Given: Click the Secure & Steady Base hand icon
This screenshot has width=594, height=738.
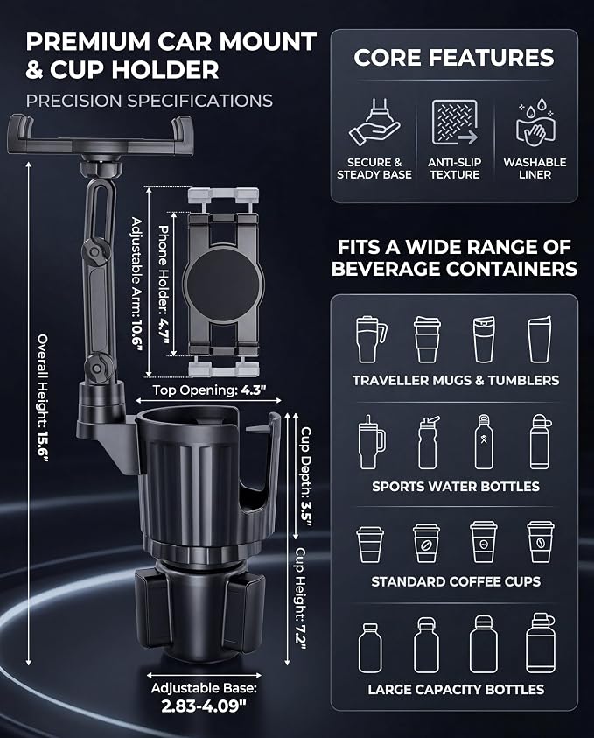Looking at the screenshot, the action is coord(374,123).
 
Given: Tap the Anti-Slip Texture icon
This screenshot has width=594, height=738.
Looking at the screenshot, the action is coord(455,123).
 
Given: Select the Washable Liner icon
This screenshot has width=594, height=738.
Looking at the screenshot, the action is coord(535,123).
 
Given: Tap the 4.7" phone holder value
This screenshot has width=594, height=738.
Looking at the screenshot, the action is coord(164,331).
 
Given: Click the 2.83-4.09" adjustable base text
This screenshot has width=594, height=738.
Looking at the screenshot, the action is coord(204,706).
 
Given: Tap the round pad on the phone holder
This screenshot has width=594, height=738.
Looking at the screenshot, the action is coord(222,283).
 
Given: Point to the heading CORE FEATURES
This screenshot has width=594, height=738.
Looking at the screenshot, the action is coord(454,58).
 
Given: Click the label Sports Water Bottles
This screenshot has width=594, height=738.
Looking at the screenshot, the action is coord(456,486).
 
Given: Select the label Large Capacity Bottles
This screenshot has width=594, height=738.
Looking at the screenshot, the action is coord(456,690).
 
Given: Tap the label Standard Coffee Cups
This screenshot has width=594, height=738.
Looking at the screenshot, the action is coord(456,582).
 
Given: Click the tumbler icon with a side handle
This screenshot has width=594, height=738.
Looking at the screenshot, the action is coord(372,340).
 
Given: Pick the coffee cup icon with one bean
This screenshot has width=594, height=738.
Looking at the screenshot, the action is coord(427,543).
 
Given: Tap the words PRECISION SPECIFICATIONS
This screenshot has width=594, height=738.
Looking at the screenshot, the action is coord(149,101).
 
